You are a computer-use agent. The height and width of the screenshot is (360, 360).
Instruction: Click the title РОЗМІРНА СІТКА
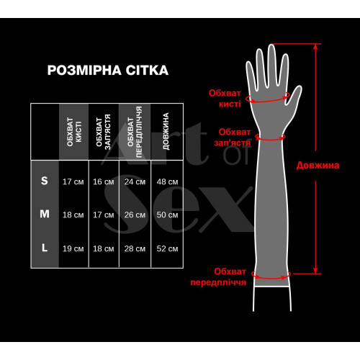107,71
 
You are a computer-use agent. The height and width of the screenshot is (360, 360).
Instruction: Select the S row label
44,181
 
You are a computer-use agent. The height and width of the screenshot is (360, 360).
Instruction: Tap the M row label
44,214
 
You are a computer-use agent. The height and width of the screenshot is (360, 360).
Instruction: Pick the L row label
44,248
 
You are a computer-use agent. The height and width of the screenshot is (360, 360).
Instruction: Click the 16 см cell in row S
104,181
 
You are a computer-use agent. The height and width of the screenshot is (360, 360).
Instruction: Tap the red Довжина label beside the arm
317,165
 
